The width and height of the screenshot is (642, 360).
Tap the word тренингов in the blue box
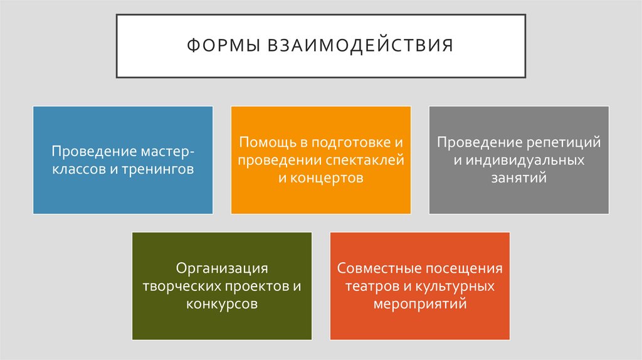coord(160,169)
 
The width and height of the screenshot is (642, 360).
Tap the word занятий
coord(518,177)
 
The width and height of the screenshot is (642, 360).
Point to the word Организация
coord(222,268)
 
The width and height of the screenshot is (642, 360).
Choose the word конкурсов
coord(222,304)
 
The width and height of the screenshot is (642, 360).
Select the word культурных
coord(455,286)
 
